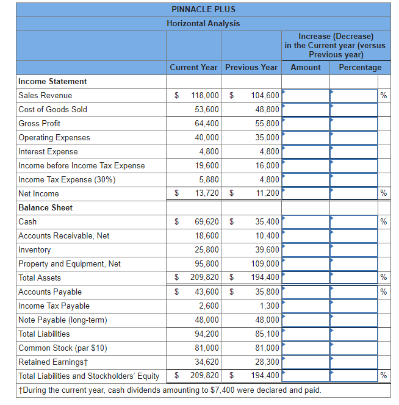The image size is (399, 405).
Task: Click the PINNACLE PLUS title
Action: click(203, 9)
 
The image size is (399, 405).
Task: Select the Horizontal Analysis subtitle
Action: click(203, 23)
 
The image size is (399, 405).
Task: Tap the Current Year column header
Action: click(193, 67)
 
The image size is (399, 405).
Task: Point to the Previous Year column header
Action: click(251, 67)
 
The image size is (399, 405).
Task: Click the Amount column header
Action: click(305, 67)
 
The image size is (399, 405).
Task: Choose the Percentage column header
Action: click(360, 67)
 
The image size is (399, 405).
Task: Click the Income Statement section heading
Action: click(52, 81)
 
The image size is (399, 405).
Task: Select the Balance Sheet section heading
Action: click(45, 207)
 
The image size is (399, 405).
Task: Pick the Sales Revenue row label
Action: click(45, 95)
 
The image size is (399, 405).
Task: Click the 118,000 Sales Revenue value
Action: click(205, 95)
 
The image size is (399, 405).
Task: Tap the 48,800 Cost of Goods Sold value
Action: click(267, 109)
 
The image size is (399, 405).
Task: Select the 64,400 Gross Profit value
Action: click(207, 123)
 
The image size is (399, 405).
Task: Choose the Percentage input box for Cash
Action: click(354, 221)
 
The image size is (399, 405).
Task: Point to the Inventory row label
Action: click(35, 249)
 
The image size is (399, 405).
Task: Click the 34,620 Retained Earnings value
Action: click(207, 362)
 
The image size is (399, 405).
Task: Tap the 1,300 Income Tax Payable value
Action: click(269, 306)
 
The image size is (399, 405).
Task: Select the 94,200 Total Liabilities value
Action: click(207, 334)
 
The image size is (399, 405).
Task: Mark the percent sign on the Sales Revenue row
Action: click(384, 95)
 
